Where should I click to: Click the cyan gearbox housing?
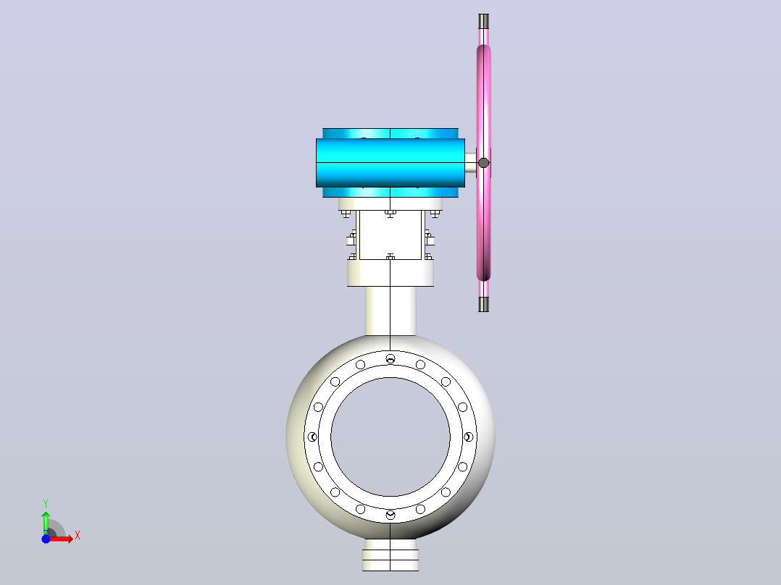tap(390, 163)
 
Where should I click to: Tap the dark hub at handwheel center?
tap(484, 163)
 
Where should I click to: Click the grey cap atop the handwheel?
tap(484, 21)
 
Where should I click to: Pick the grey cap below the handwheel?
tap(484, 304)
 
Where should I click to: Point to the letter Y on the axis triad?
tap(46, 503)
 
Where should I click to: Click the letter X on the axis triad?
tap(78, 536)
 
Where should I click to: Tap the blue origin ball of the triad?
tap(46, 539)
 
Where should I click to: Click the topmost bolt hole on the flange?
tap(390, 358)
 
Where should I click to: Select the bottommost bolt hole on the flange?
tap(390, 515)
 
